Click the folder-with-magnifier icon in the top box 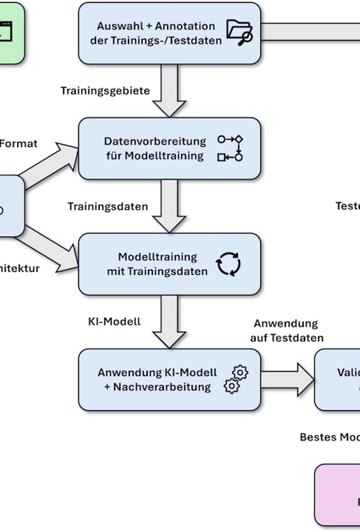(239, 33)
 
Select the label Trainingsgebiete (105, 91)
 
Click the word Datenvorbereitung (155, 141)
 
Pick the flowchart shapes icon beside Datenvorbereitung (231, 148)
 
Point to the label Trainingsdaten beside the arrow (107, 207)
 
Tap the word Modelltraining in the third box (150, 257)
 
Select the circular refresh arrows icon (229, 264)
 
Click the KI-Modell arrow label (114, 321)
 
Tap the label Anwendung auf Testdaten (286, 331)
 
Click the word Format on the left (18, 143)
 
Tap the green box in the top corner (10, 33)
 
